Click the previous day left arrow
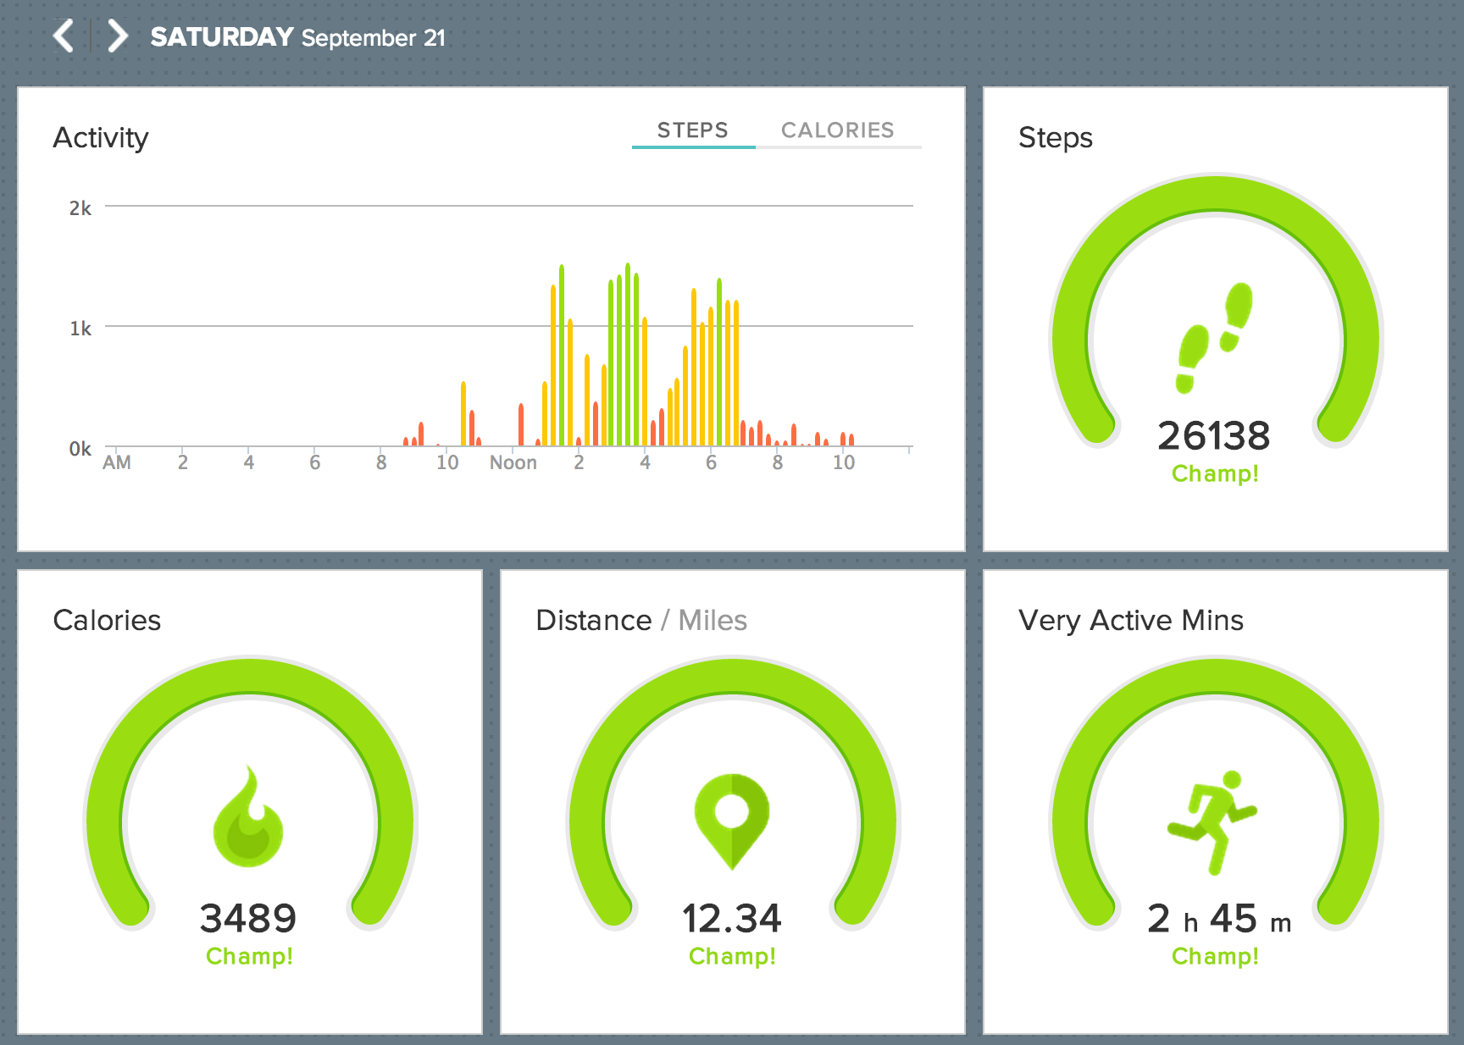tap(64, 36)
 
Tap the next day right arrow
tap(118, 36)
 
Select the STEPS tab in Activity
tap(692, 130)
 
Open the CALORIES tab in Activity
tap(837, 130)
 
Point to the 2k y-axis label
tap(80, 208)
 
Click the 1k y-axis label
tap(80, 329)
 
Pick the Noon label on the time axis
tap(513, 463)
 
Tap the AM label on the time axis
tap(117, 463)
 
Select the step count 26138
tap(1214, 436)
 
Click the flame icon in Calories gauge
tap(248, 817)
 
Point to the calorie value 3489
tap(248, 919)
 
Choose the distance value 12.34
tap(732, 919)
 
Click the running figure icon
tap(1213, 821)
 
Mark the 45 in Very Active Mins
tap(1234, 919)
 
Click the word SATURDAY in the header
tap(222, 37)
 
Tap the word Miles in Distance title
tap(713, 621)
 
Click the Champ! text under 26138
tap(1215, 474)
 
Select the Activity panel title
tap(101, 138)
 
